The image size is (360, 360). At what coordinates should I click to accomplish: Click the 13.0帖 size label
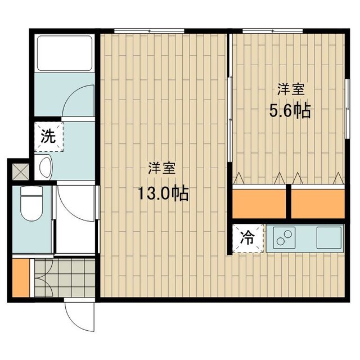(163, 194)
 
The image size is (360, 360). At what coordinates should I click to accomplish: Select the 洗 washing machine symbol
(48, 136)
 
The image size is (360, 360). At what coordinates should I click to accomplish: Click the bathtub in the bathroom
(64, 53)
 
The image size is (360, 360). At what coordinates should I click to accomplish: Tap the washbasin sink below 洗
(45, 167)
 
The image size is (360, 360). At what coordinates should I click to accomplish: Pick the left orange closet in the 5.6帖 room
(259, 204)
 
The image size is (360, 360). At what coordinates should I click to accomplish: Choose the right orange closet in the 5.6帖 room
(317, 204)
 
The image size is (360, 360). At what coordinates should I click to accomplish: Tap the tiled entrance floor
(63, 277)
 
